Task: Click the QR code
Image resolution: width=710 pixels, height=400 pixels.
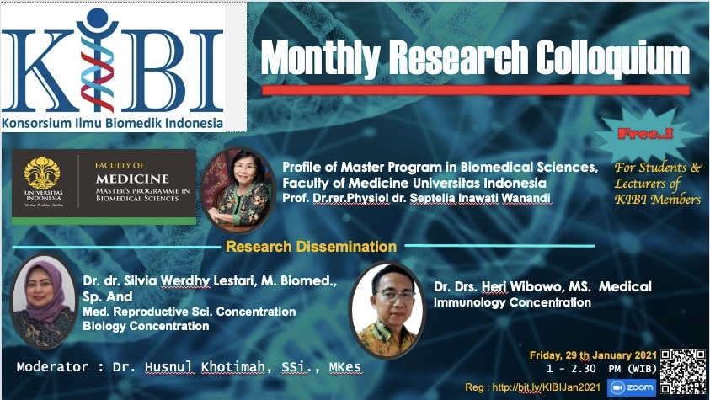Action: click(x=683, y=371)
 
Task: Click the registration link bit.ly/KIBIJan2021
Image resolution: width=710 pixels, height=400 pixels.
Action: click(x=546, y=387)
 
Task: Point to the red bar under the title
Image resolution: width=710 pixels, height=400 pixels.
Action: click(x=476, y=89)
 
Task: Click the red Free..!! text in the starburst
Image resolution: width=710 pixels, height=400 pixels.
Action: click(x=645, y=134)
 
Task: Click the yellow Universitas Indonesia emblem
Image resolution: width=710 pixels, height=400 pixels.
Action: click(x=42, y=173)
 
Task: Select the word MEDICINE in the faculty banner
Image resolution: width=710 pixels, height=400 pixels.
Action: click(x=133, y=179)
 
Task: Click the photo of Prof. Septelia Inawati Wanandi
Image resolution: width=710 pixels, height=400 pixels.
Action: click(x=238, y=190)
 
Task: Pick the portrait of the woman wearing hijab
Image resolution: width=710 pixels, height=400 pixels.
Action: click(x=44, y=301)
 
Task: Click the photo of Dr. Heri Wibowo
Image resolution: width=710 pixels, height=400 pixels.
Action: click(x=387, y=310)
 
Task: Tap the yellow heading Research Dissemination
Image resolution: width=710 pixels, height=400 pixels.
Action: click(x=311, y=247)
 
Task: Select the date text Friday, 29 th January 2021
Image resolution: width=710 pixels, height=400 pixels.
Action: click(x=593, y=355)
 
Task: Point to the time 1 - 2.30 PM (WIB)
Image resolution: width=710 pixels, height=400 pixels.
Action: click(x=601, y=368)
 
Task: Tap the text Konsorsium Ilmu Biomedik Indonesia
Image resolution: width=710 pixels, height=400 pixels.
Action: click(x=112, y=123)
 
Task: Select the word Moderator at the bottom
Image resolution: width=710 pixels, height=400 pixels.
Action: click(x=52, y=366)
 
